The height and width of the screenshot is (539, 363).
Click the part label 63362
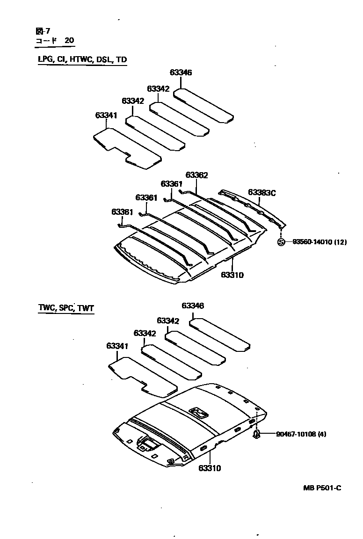tap(196, 175)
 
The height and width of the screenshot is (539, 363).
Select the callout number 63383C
tap(262, 192)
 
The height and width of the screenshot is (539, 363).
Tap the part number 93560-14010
tap(312, 242)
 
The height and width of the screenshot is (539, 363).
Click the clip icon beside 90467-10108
tap(256, 435)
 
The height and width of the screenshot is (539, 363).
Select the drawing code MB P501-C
tap(322, 488)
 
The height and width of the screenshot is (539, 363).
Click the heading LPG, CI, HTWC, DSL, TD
tap(82, 59)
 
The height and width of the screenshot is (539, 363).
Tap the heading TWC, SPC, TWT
tap(65, 308)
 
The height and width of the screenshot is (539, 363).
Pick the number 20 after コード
tap(69, 41)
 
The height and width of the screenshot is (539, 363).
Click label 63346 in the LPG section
tap(181, 73)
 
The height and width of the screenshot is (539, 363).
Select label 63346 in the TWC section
tap(193, 306)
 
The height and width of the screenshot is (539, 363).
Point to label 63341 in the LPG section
tap(106, 115)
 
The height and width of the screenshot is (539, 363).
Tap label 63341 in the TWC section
tap(117, 346)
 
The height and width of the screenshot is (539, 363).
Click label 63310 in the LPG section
tap(232, 275)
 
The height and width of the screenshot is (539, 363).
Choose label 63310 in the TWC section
tap(209, 467)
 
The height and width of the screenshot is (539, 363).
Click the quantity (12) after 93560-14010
tap(340, 242)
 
